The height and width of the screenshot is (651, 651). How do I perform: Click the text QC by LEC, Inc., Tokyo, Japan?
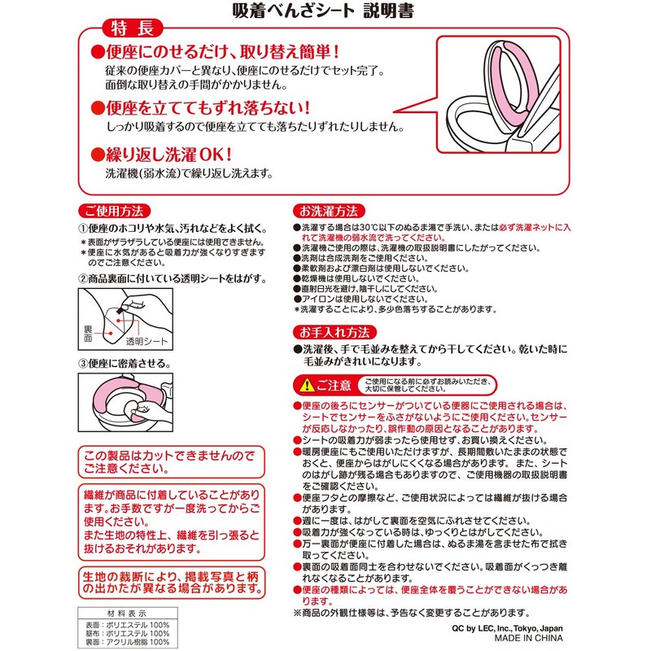[506, 628]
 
